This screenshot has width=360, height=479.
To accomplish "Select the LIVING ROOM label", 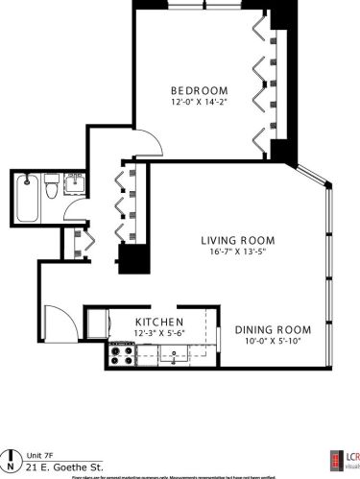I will (238, 240).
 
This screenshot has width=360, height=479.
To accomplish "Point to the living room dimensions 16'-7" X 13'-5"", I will (238, 252).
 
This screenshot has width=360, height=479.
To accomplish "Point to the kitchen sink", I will (174, 356).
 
